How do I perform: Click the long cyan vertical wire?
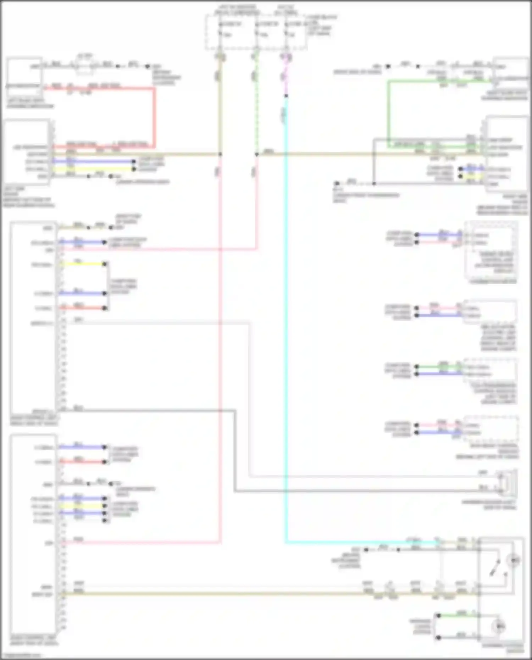click(286, 319)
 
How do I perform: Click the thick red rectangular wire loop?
click(154, 117)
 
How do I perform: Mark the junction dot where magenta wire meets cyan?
click(286, 96)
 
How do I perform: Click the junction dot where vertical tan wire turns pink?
click(220, 154)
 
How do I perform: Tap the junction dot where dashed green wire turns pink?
click(256, 154)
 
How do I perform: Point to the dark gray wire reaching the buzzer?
click(355, 491)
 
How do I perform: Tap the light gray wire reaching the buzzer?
click(355, 477)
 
